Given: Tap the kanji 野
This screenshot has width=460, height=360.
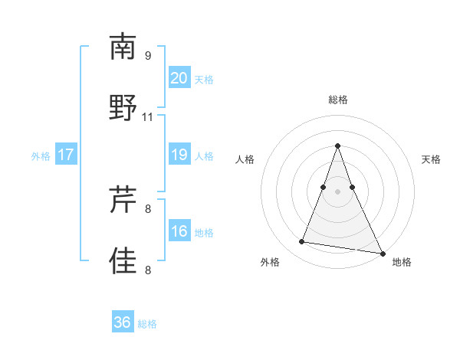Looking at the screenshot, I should pos(123,108).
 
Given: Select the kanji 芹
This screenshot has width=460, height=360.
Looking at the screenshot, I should pos(123,200).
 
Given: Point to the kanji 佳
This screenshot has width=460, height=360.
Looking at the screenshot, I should pos(123,261).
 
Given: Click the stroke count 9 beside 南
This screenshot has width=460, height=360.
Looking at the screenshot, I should pos(147,55).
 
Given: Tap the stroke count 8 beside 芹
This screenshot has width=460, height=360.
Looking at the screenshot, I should pos(147,208).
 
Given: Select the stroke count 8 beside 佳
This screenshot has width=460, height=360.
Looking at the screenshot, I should pos(147,270).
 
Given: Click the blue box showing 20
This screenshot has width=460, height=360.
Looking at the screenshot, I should pos(179,78).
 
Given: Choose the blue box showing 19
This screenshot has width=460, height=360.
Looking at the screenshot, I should pos(179,155).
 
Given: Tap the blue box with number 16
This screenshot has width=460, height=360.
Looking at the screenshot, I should pos(179,231).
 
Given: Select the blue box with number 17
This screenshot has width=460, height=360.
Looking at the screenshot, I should pos(66,155).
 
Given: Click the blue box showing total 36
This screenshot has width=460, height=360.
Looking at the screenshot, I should pos(123,322).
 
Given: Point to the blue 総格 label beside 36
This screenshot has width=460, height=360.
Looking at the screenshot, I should pos(147,324).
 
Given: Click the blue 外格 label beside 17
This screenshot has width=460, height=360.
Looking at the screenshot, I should pos(41,156).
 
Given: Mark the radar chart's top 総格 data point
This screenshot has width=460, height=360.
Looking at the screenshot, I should pos(337,146).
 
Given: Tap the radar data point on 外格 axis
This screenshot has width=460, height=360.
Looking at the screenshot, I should pos(301,242).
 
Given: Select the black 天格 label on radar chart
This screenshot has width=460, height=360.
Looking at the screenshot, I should pos(432,159).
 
